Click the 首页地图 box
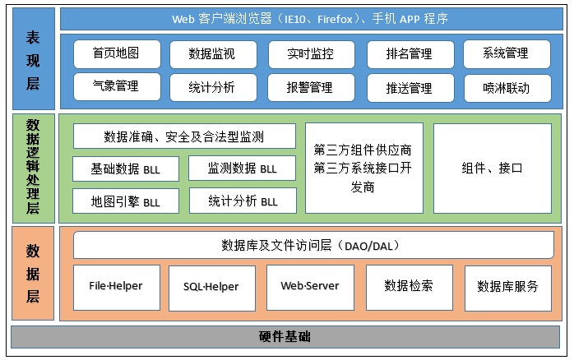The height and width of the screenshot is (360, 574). coord(116,54)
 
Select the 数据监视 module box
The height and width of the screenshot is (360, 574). coord(211,54)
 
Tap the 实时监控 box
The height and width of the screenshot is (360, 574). coord(310,54)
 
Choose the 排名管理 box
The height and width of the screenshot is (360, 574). coord(409,54)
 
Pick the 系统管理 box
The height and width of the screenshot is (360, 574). coord(507,54)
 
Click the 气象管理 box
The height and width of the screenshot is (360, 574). coord(116,86)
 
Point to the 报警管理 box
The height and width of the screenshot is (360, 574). coord(310,87)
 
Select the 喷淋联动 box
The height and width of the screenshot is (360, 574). coord(507,87)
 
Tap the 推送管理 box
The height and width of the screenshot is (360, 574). coord(409,87)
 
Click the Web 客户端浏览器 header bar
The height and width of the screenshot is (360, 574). coord(310,18)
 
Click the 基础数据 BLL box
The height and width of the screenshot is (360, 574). coord(127,169)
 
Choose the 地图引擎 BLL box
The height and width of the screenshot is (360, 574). coord(127,201)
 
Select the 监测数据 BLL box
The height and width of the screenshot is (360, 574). coord(243,169)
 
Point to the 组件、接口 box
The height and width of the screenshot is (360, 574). coord(493,168)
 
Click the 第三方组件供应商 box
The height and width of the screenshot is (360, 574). coord(364,168)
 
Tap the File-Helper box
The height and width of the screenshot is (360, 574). coord(116,287)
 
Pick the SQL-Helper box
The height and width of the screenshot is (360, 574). coord(211,287)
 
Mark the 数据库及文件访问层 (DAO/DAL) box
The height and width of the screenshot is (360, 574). coord(312,245)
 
